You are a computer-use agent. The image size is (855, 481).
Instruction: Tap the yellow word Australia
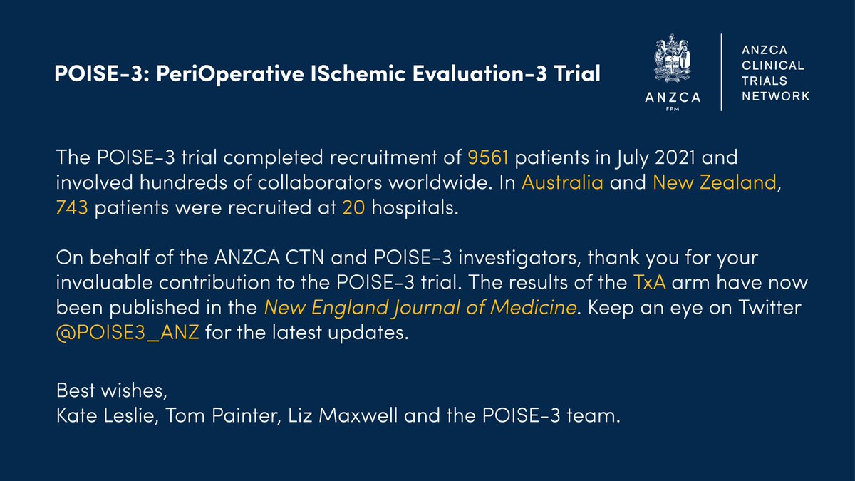562,182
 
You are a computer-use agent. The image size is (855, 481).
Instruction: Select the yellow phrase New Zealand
714,182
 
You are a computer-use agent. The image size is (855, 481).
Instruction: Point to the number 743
72,208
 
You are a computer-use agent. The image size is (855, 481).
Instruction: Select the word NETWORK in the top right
775,96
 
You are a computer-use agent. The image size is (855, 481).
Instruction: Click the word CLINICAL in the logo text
773,66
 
